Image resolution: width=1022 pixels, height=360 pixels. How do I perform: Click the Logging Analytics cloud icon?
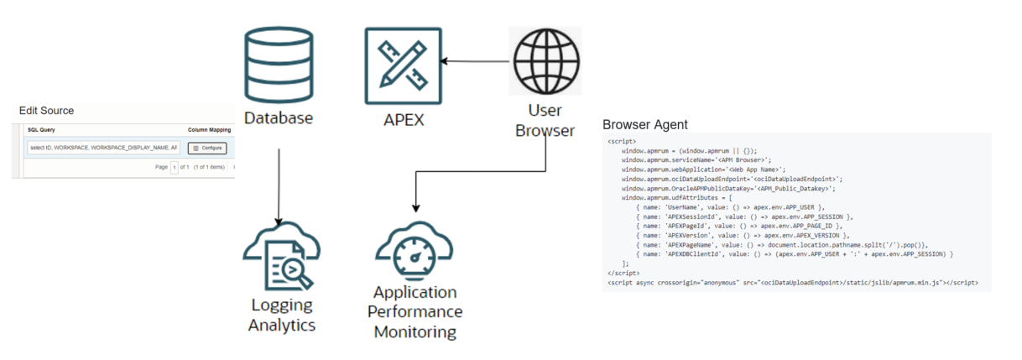[x=281, y=256]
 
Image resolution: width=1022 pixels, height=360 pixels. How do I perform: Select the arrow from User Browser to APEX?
[x=477, y=61]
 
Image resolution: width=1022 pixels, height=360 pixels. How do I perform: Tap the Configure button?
[x=206, y=148]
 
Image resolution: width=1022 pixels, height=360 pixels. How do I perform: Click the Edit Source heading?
[x=46, y=111]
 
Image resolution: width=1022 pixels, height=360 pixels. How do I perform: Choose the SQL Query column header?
[x=41, y=131]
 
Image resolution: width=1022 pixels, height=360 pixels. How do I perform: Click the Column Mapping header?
[x=210, y=131]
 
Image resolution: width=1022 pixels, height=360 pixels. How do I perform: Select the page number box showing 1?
[x=175, y=167]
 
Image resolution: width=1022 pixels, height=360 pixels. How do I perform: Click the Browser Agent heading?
[x=645, y=125]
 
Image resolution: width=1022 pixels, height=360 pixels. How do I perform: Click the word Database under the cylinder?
[x=278, y=118]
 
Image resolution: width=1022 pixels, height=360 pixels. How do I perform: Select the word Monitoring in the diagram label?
[x=415, y=331]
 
